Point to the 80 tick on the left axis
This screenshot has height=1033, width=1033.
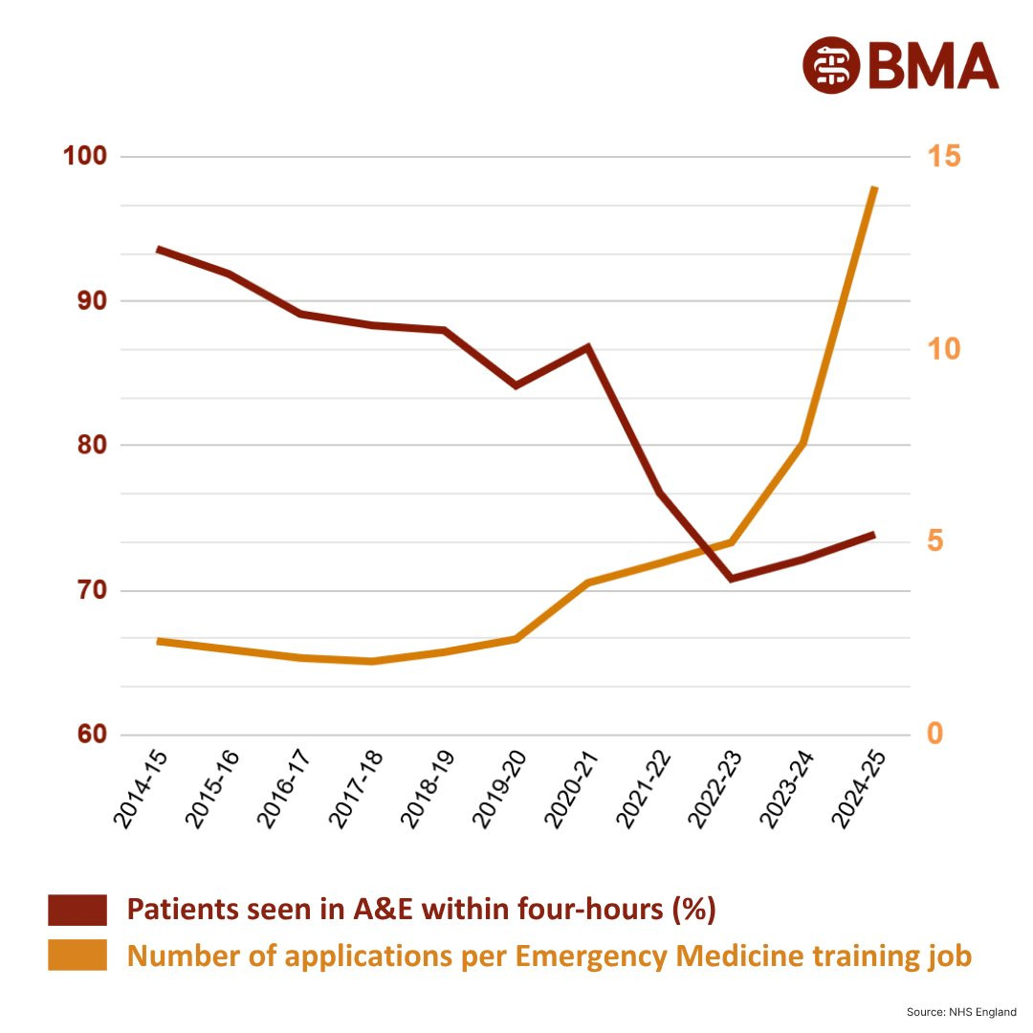click(86, 446)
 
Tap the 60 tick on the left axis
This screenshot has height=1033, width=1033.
click(86, 735)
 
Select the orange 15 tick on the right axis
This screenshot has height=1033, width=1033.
click(942, 156)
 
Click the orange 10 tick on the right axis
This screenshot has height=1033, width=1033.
click(942, 349)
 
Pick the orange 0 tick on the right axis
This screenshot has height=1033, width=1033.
click(934, 735)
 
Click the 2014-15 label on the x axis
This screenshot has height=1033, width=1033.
click(141, 789)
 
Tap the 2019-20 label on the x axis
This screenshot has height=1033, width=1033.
click(498, 789)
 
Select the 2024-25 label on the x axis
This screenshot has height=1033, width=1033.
click(857, 789)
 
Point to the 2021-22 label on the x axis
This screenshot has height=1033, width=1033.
click(642, 789)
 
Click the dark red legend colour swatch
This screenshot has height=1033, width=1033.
click(77, 910)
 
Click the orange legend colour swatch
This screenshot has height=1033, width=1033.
click(77, 956)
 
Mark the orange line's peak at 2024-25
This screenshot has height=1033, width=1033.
click(874, 188)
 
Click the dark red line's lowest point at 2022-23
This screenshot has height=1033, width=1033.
click(732, 579)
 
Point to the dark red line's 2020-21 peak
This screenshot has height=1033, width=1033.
click(588, 346)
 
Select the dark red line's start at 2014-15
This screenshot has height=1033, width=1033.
click(158, 249)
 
